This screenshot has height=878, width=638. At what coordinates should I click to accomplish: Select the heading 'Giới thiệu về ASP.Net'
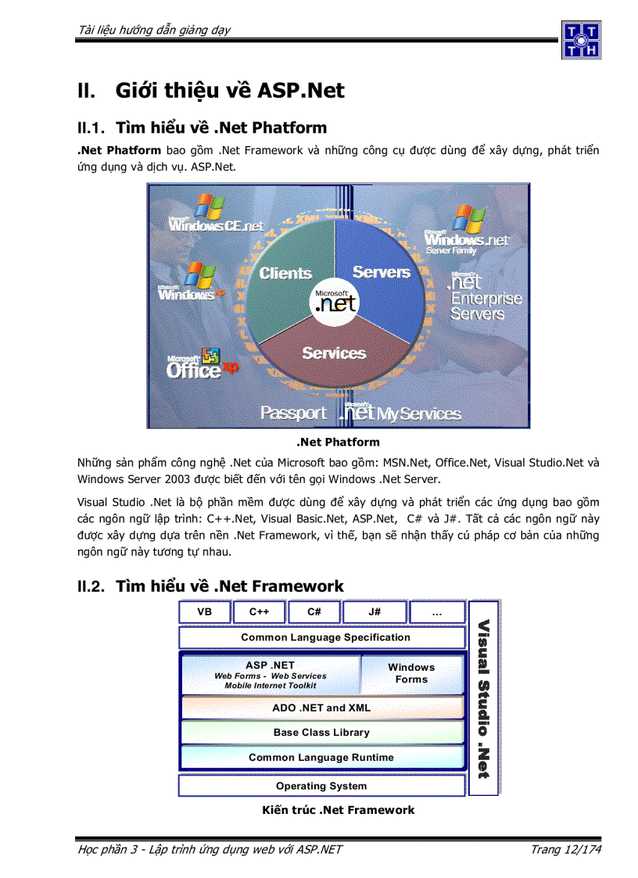point(230,91)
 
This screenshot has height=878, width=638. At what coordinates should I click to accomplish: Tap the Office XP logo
point(202,365)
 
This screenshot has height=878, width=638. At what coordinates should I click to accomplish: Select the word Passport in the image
point(293,413)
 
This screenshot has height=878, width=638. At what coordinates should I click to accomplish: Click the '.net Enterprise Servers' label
point(485,298)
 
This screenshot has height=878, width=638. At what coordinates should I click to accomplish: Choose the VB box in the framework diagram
point(205,612)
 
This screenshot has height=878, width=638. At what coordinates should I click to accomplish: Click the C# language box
point(314,612)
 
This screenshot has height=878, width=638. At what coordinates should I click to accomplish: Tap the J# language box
point(375,612)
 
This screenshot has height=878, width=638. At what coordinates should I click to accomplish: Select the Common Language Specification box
point(325,637)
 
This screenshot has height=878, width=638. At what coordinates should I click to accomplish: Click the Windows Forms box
point(411,673)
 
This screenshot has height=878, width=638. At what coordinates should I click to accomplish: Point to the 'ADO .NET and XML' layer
point(321,708)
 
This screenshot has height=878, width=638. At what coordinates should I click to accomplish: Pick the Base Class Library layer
point(321,733)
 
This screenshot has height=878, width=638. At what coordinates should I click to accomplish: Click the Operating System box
point(321,786)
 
